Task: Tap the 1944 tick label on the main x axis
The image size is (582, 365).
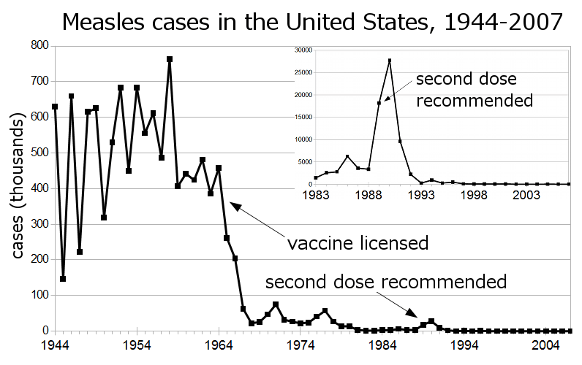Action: tap(55, 344)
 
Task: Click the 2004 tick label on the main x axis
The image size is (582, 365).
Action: tap(545, 344)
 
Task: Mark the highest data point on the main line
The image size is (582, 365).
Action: tap(170, 59)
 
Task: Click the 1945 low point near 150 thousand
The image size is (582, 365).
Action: tap(63, 279)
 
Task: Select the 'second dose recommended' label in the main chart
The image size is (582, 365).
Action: tap(386, 282)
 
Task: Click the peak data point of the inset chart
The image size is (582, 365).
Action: tap(390, 61)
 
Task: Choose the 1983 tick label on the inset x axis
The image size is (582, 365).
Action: tap(315, 196)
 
